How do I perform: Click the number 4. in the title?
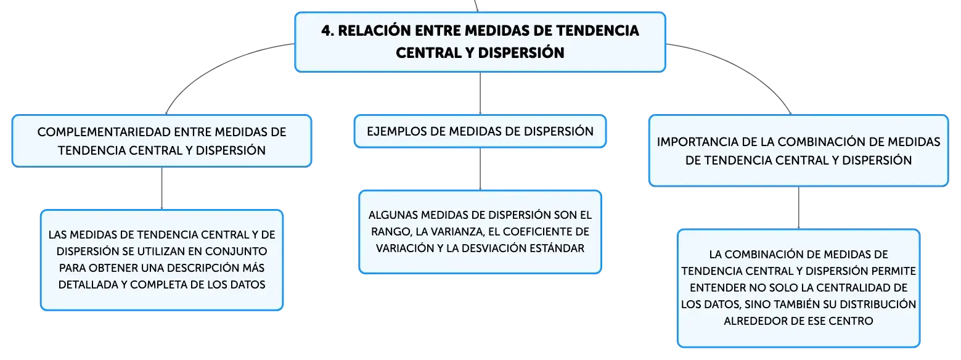(x=328, y=31)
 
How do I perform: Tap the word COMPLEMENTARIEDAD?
(x=102, y=132)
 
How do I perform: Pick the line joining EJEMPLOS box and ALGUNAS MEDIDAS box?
(x=480, y=169)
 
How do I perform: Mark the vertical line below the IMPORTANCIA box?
(x=798, y=208)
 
